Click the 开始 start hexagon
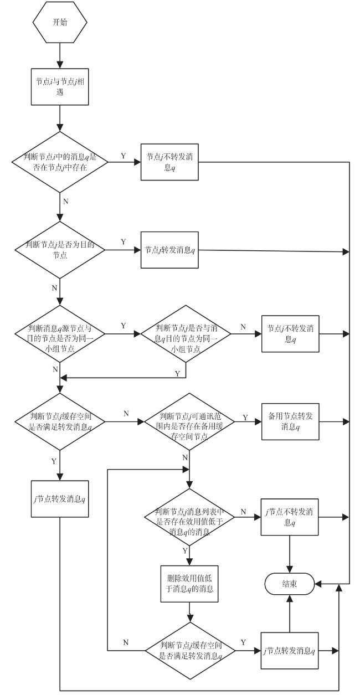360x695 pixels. point(60,22)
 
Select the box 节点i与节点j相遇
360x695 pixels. point(60,87)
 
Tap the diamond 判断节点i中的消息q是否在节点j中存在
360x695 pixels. point(60,162)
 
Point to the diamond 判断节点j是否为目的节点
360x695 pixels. point(60,250)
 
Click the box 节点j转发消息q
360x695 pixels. point(169,250)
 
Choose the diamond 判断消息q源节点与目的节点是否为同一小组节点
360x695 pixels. point(60,334)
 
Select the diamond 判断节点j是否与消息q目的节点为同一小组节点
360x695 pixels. point(186,334)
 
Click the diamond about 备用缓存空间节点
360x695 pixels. point(189,421)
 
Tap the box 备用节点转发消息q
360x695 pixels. point(290,421)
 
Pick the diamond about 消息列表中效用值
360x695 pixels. point(189,517)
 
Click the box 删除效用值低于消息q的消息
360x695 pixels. point(189,584)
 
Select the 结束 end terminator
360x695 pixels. point(290,584)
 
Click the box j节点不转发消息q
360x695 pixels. point(290,517)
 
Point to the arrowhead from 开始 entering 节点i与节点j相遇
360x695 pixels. point(60,65)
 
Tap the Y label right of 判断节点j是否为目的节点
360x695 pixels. point(123,241)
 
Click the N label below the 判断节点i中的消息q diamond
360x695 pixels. point(65,202)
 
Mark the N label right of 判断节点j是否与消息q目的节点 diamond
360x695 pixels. point(243,327)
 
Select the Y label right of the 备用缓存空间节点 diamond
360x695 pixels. point(245,418)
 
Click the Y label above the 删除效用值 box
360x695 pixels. point(185,551)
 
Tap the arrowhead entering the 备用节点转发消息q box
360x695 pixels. point(258,421)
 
